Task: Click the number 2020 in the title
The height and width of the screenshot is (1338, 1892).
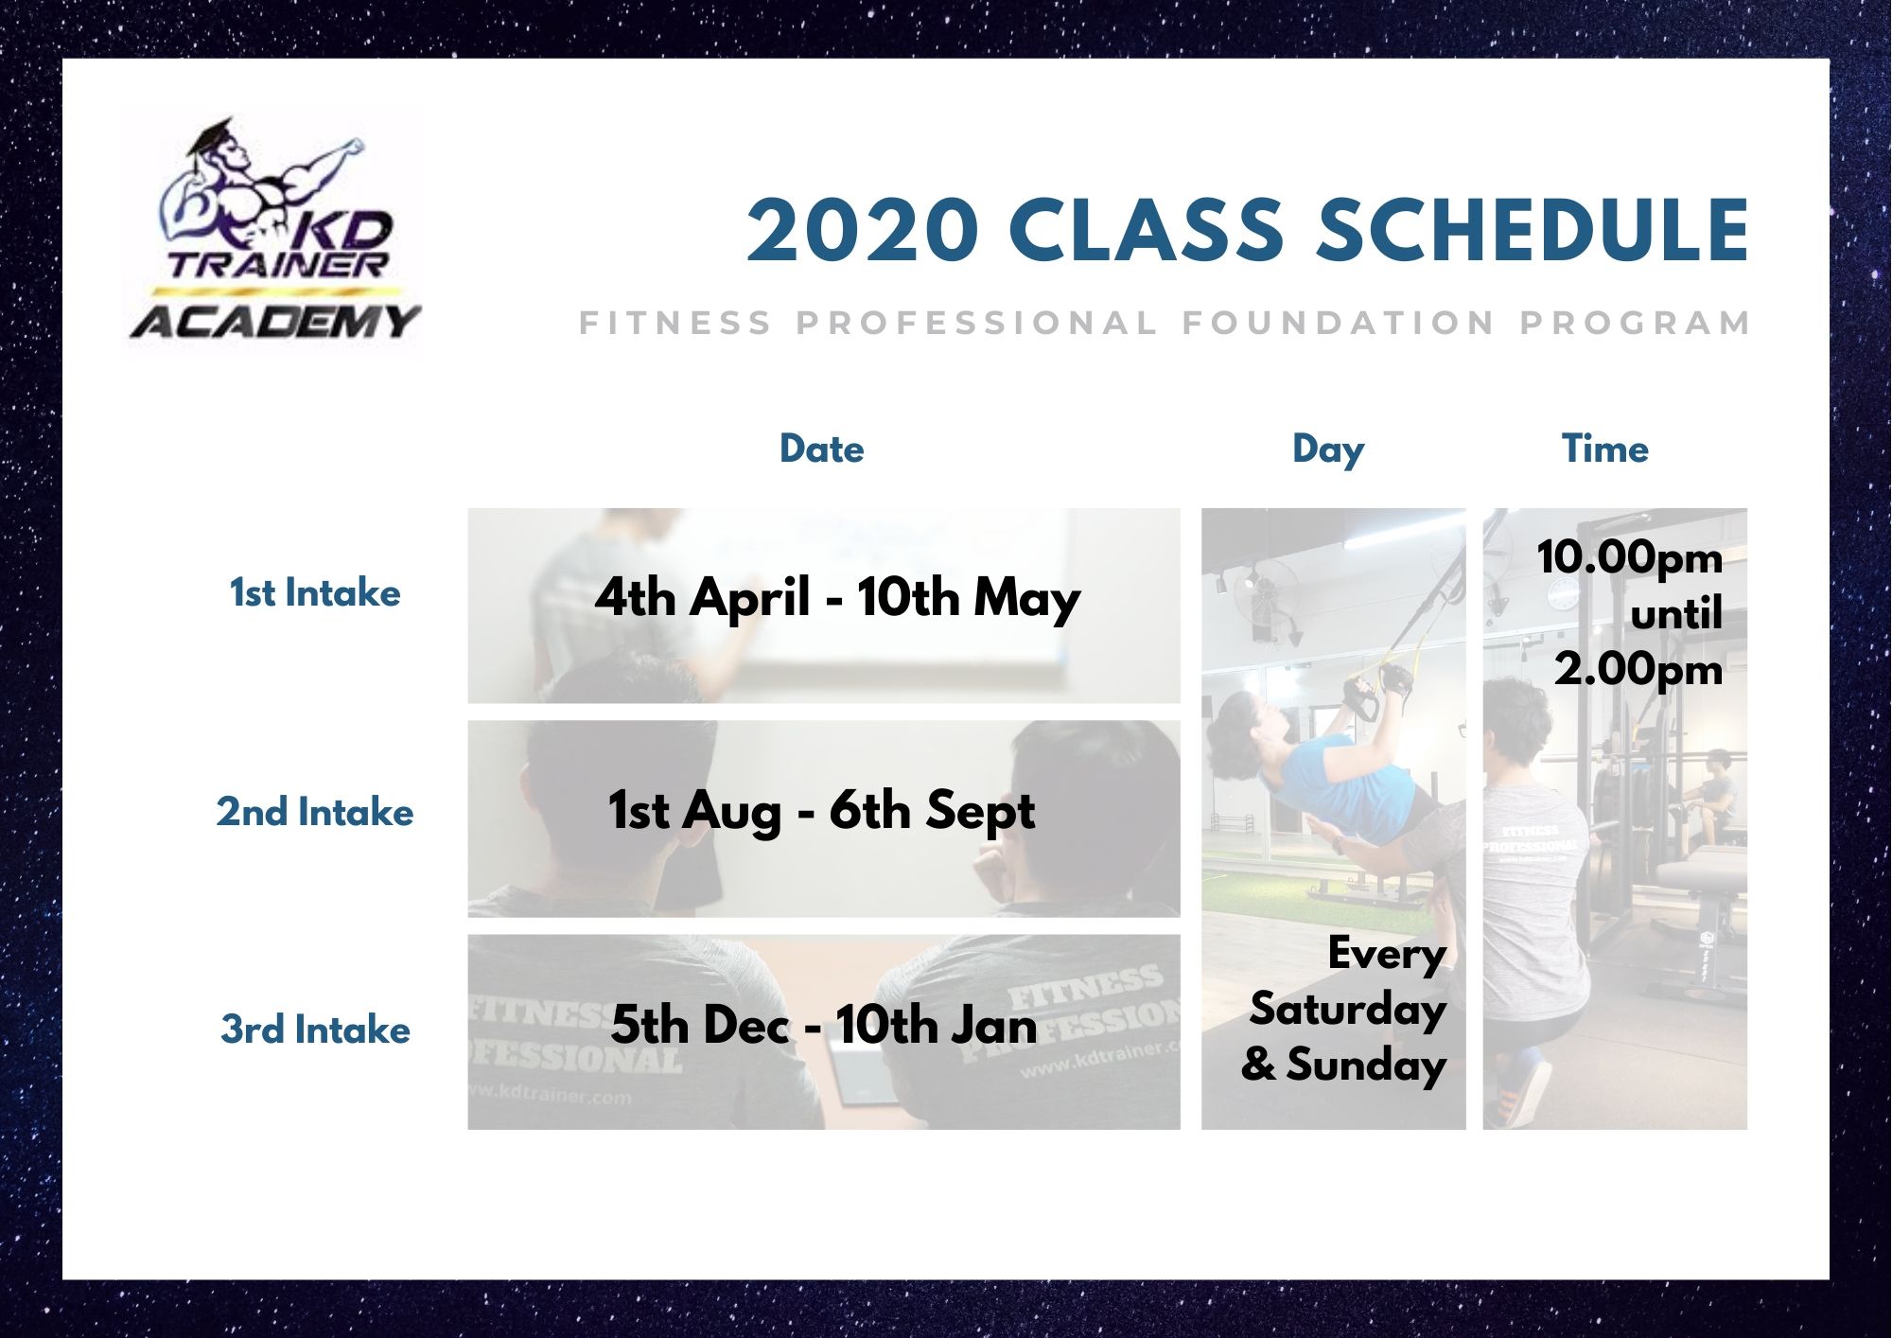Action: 862,230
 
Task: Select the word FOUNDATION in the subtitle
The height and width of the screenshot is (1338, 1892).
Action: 1339,323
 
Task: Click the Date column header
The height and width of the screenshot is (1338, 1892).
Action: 821,449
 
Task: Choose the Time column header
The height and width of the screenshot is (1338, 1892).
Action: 1604,449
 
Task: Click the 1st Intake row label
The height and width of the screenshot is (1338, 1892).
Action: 315,593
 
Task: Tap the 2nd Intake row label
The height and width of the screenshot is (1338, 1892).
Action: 315,812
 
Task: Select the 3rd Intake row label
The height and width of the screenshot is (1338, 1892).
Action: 315,1030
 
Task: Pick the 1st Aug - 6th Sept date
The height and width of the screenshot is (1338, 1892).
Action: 821,813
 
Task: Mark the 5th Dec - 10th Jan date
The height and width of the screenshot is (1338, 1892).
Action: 823,1026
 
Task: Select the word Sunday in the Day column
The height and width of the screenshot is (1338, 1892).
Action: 1366,1065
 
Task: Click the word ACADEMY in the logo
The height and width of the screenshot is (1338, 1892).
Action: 274,322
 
